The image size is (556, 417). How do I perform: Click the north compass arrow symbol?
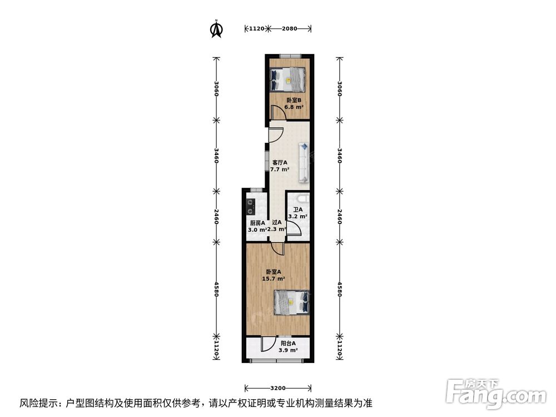pos(216,29)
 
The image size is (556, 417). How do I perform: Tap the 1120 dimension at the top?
pos(256,28)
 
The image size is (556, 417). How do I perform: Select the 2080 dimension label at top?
pos(290,28)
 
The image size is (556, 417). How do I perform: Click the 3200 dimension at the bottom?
pos(278,388)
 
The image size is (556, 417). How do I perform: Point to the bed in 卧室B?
pos(287,80)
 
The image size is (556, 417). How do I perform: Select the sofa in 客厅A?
pos(304,162)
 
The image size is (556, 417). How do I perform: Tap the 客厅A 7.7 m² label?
pos(279,166)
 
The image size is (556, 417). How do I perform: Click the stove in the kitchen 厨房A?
pos(250,207)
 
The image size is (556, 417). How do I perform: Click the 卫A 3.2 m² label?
pos(297,213)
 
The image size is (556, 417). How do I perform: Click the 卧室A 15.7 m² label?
pos(275,275)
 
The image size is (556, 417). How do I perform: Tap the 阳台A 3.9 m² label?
pos(288,347)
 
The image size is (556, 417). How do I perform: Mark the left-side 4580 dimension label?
pos(217,289)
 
